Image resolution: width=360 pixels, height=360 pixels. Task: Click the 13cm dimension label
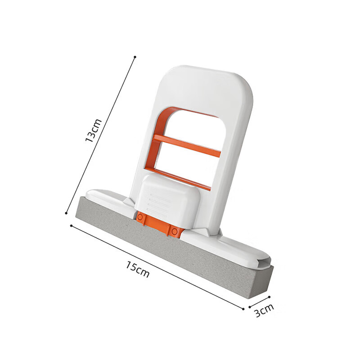point(94,130)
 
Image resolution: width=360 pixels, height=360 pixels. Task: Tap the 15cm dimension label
point(138,269)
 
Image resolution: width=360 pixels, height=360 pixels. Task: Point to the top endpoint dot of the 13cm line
point(135,57)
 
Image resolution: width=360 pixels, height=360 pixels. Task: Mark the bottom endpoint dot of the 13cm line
point(67,213)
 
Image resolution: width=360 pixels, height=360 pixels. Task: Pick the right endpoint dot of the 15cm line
point(243,309)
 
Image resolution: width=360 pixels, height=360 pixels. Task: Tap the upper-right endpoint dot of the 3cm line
point(269,296)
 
